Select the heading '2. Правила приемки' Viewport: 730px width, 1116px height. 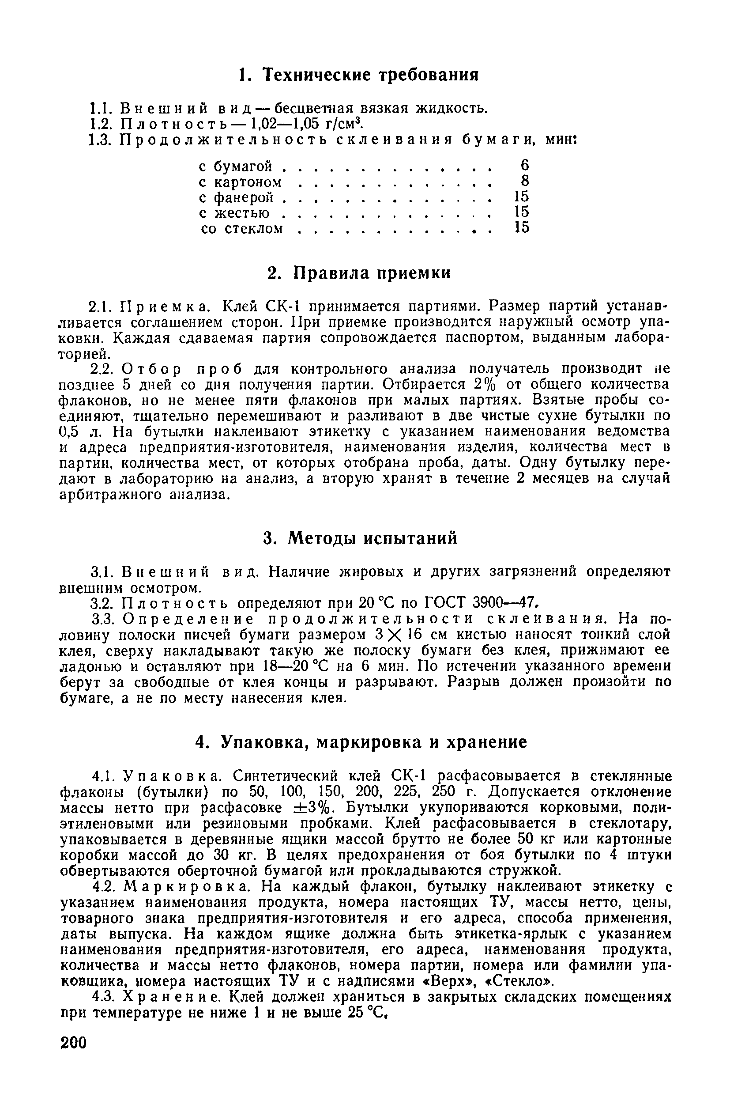[x=359, y=272]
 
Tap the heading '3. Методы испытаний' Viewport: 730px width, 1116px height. [x=359, y=538]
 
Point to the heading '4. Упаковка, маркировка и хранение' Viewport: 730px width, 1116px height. [x=361, y=742]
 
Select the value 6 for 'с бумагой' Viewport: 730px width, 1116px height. [x=524, y=165]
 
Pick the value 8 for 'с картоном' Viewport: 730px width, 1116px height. [x=525, y=181]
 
